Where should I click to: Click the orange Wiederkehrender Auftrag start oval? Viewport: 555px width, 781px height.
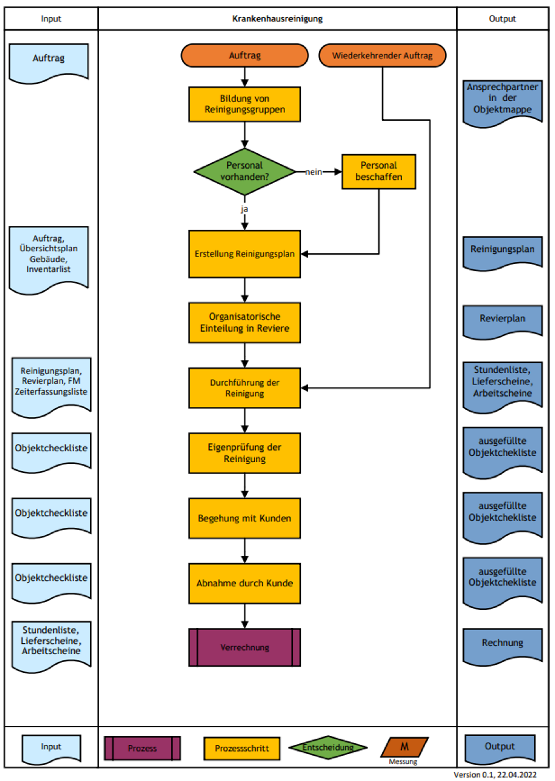click(x=382, y=55)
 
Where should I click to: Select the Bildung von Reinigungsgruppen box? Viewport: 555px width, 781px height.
click(x=245, y=104)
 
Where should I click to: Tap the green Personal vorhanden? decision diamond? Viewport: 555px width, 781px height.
click(x=245, y=171)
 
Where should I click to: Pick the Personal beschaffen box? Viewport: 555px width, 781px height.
click(x=379, y=171)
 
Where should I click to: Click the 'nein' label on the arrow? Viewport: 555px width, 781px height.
click(x=313, y=172)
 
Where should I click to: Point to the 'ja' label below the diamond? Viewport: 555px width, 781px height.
click(x=244, y=209)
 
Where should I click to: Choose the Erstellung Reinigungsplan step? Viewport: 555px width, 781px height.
click(x=245, y=254)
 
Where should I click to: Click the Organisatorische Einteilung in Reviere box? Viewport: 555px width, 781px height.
click(x=245, y=323)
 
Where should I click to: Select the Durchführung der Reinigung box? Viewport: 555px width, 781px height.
click(x=245, y=388)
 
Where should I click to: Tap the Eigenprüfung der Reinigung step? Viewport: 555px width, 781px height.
click(x=245, y=453)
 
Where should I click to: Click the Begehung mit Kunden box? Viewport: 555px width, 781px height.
click(x=245, y=518)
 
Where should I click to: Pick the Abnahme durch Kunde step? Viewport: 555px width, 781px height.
click(x=245, y=583)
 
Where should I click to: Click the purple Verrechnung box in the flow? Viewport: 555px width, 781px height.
click(x=245, y=647)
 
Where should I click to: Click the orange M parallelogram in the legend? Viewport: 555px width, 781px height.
click(x=404, y=747)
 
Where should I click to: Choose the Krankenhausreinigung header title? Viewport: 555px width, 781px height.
click(x=277, y=19)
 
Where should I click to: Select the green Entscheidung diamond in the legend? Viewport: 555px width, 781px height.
click(x=328, y=747)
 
